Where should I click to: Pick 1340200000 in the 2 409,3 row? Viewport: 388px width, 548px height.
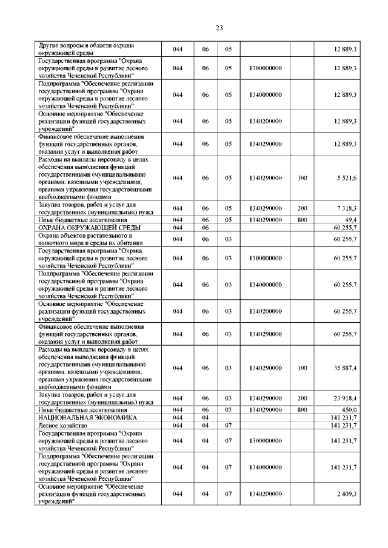265,494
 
